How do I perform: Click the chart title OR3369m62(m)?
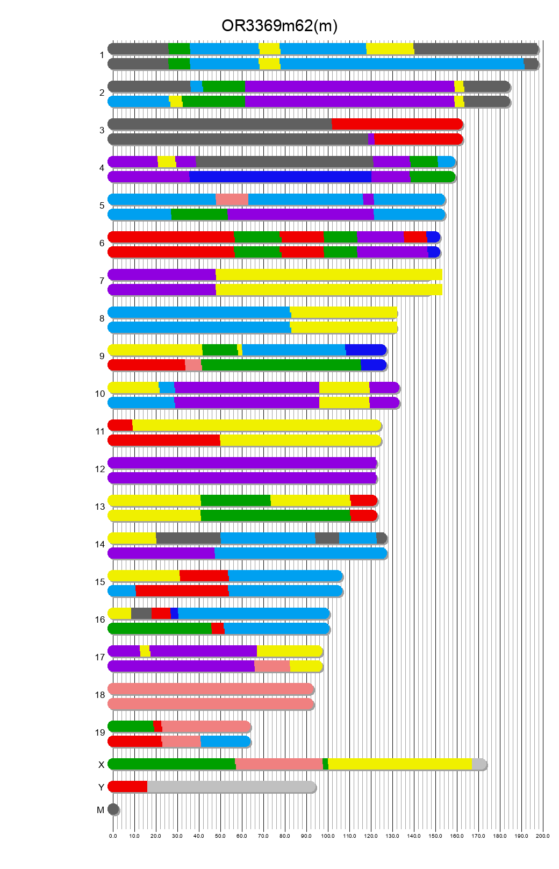[279, 25]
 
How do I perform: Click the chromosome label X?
[101, 765]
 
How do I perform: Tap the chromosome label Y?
[101, 787]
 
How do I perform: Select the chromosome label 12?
[100, 469]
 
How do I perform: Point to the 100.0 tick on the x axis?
[328, 836]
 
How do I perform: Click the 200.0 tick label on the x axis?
[543, 836]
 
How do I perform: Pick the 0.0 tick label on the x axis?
[113, 836]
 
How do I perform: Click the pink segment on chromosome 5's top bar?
[232, 200]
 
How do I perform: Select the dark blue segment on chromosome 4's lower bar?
[280, 177]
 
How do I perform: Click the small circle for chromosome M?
[113, 809]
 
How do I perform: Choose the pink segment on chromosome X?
[278, 764]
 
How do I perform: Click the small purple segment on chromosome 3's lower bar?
[371, 139]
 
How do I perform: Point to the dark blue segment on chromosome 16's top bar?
[174, 614]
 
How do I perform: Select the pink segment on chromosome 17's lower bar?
[272, 666]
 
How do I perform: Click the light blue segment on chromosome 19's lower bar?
[225, 742]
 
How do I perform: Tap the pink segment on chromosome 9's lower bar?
[193, 365]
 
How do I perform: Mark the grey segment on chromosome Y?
[231, 787]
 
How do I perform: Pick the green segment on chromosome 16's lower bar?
[160, 629]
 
